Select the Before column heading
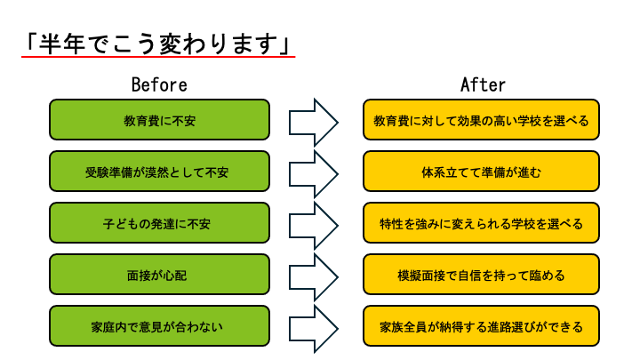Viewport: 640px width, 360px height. click(159, 85)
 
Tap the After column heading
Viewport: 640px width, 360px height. click(483, 85)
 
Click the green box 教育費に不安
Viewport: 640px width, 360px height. click(159, 120)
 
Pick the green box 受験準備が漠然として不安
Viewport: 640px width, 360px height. click(159, 172)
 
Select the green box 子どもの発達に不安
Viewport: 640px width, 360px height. click(159, 223)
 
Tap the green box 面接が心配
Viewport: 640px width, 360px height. click(159, 275)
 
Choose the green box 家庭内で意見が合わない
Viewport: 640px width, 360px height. click(159, 326)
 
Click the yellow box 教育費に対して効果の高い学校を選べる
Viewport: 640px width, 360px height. click(481, 120)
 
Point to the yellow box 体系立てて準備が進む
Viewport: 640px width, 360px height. click(481, 172)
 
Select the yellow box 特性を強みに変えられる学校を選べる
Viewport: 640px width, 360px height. click(481, 223)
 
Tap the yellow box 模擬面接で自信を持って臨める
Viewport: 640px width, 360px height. click(481, 275)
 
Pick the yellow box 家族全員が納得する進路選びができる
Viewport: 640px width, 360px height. click(481, 326)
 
